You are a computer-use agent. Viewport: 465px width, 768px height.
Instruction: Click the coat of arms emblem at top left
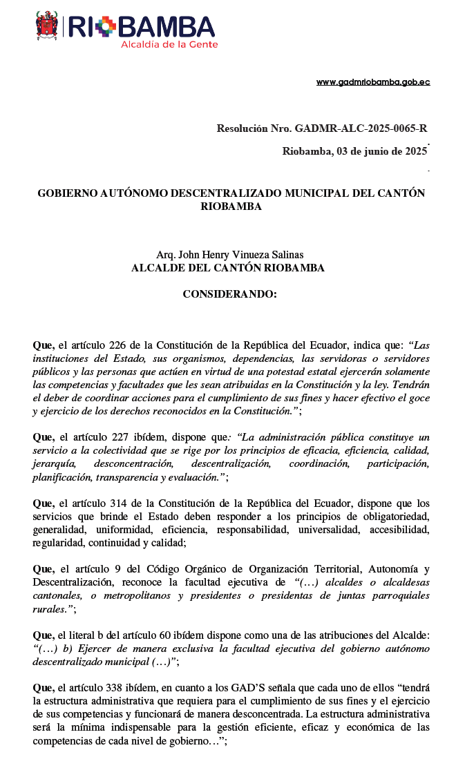(x=46, y=26)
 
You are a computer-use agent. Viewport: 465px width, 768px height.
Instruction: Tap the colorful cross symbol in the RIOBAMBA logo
(x=106, y=27)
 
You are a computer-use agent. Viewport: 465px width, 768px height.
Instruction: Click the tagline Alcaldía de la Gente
(x=169, y=44)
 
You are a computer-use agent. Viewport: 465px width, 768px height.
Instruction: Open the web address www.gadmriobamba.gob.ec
(x=373, y=81)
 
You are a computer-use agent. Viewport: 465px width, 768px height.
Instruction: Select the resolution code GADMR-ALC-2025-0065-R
(x=361, y=128)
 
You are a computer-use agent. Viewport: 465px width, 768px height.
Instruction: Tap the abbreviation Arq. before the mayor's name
(x=165, y=255)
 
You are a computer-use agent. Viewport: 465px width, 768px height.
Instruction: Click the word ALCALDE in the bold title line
(x=158, y=268)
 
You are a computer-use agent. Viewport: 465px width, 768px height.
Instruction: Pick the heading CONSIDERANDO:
(x=229, y=294)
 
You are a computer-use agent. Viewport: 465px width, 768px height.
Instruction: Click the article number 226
(x=120, y=345)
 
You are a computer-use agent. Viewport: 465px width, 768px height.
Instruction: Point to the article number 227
(x=120, y=437)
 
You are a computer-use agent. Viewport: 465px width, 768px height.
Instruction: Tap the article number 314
(x=120, y=503)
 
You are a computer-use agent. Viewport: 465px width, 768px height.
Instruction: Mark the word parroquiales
(x=400, y=596)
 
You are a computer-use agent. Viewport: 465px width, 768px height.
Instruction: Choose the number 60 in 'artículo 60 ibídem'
(x=164, y=635)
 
